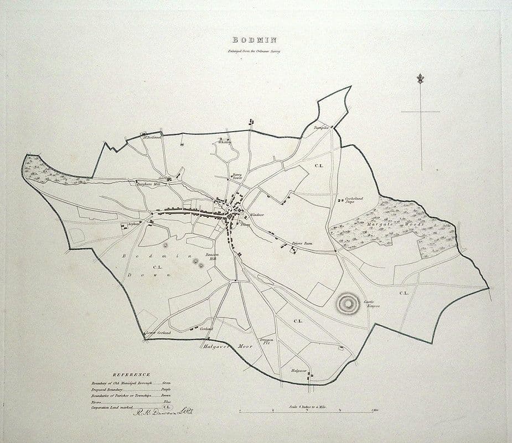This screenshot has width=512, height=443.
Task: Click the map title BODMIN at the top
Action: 255,40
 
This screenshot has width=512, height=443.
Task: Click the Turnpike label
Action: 322,128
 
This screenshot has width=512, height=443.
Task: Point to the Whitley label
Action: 224,143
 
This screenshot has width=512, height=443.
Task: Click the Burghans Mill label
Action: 149,185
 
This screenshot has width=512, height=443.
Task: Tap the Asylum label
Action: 133,224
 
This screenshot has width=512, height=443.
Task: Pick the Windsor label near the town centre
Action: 257,215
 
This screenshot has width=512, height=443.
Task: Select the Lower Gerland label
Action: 158,332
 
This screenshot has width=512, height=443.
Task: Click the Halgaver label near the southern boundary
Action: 299,370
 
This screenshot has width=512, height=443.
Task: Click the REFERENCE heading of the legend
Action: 131,374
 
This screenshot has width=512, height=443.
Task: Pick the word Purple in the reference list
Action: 166,389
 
